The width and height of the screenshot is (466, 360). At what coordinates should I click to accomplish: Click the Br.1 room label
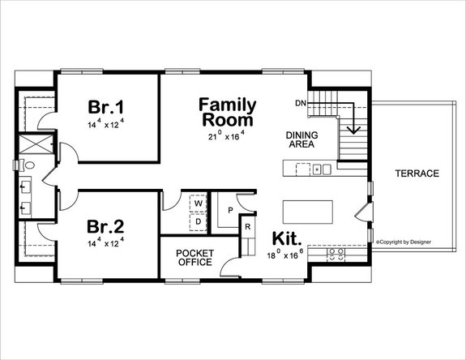coord(105,108)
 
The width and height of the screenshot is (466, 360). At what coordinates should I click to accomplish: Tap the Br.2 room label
coord(105,226)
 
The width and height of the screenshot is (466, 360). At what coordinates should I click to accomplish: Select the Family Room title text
coord(228,112)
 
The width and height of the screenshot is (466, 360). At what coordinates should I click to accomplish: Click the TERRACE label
coord(417,174)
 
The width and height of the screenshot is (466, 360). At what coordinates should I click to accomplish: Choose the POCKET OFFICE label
coord(195,258)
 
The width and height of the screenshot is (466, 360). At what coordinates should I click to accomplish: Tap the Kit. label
coord(287,240)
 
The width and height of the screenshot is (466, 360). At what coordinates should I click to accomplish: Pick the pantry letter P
coord(230,210)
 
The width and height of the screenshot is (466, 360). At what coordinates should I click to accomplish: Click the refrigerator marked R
coord(248,227)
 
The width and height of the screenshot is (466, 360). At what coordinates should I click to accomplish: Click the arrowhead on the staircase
coord(353,129)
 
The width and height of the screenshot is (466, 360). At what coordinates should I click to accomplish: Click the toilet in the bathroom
coord(27,165)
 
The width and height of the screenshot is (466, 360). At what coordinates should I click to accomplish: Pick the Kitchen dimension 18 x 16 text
coord(287,255)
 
